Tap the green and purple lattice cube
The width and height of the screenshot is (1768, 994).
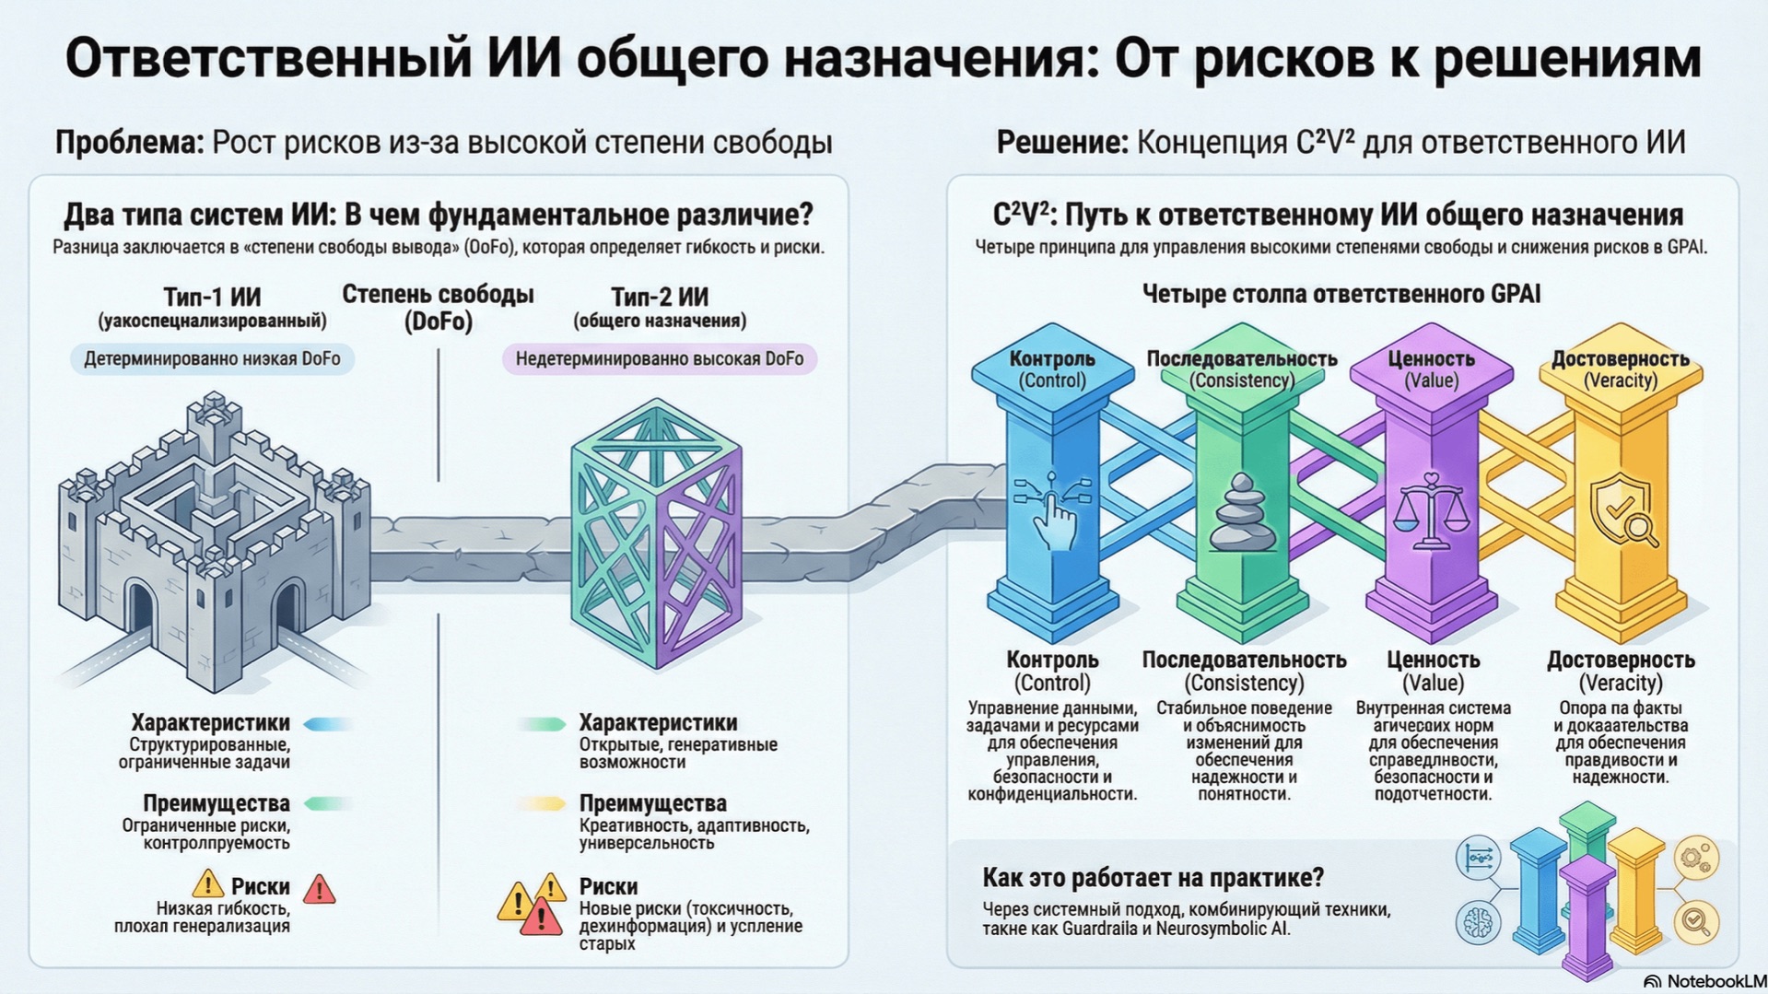pyautogui.click(x=655, y=534)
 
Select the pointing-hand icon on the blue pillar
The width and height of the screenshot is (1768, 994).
pyautogui.click(x=1053, y=511)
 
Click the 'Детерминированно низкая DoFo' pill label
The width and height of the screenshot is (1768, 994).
pyautogui.click(x=212, y=358)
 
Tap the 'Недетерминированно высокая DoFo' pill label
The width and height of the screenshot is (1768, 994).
pyautogui.click(x=659, y=358)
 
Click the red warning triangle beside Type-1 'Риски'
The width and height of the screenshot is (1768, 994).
pyautogui.click(x=319, y=889)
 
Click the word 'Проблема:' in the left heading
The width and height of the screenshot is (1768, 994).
pyautogui.click(x=129, y=143)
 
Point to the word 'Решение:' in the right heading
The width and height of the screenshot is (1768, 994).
pyautogui.click(x=1061, y=143)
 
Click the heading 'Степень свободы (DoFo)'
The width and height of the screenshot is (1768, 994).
pyautogui.click(x=438, y=308)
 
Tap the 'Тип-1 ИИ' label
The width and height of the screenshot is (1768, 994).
pyautogui.click(x=212, y=297)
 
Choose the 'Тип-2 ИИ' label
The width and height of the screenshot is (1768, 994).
pyautogui.click(x=660, y=297)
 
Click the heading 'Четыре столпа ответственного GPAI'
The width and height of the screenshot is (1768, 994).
pyautogui.click(x=1341, y=294)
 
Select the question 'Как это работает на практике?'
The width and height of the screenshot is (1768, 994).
pyautogui.click(x=1153, y=877)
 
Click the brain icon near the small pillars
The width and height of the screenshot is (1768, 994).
pyautogui.click(x=1478, y=921)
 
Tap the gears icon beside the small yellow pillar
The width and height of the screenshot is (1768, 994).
pyautogui.click(x=1695, y=858)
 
